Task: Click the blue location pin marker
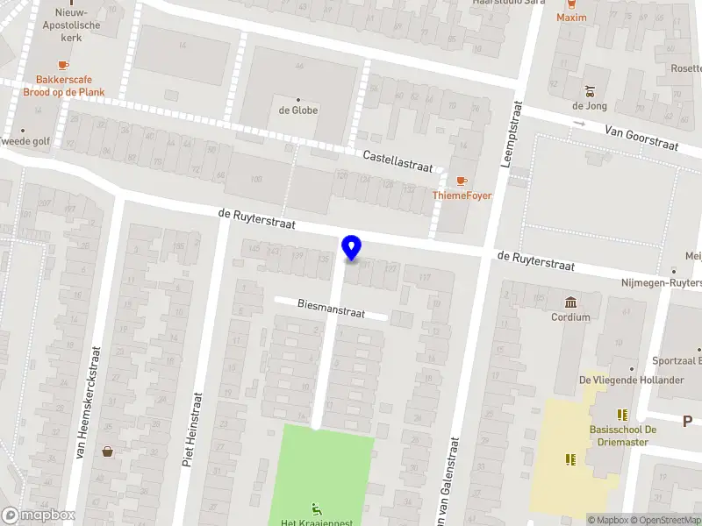352,248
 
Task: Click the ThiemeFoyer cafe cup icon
462,181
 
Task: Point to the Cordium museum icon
571,302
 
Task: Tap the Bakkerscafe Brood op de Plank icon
62,65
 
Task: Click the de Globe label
298,110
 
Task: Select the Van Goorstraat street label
641,137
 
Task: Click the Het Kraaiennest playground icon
316,508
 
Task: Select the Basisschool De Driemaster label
624,436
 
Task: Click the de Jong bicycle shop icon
590,90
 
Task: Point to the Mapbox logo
39,515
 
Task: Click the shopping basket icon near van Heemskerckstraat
108,451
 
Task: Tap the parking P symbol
688,422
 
